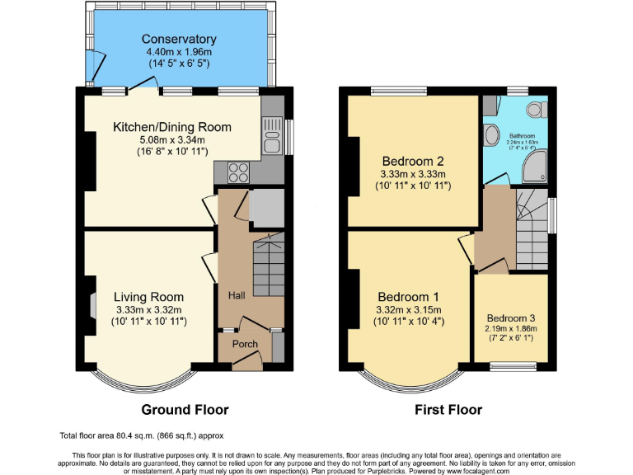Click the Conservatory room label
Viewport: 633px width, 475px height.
click(x=179, y=40)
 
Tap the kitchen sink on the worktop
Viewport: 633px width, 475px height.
click(x=270, y=134)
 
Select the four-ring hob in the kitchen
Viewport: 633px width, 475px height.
click(x=237, y=173)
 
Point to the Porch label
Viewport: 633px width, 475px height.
click(x=245, y=344)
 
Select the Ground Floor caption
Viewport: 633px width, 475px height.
click(x=185, y=409)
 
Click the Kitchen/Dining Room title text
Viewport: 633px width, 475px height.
click(x=172, y=127)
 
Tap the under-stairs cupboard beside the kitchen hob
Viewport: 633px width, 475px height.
click(x=265, y=208)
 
